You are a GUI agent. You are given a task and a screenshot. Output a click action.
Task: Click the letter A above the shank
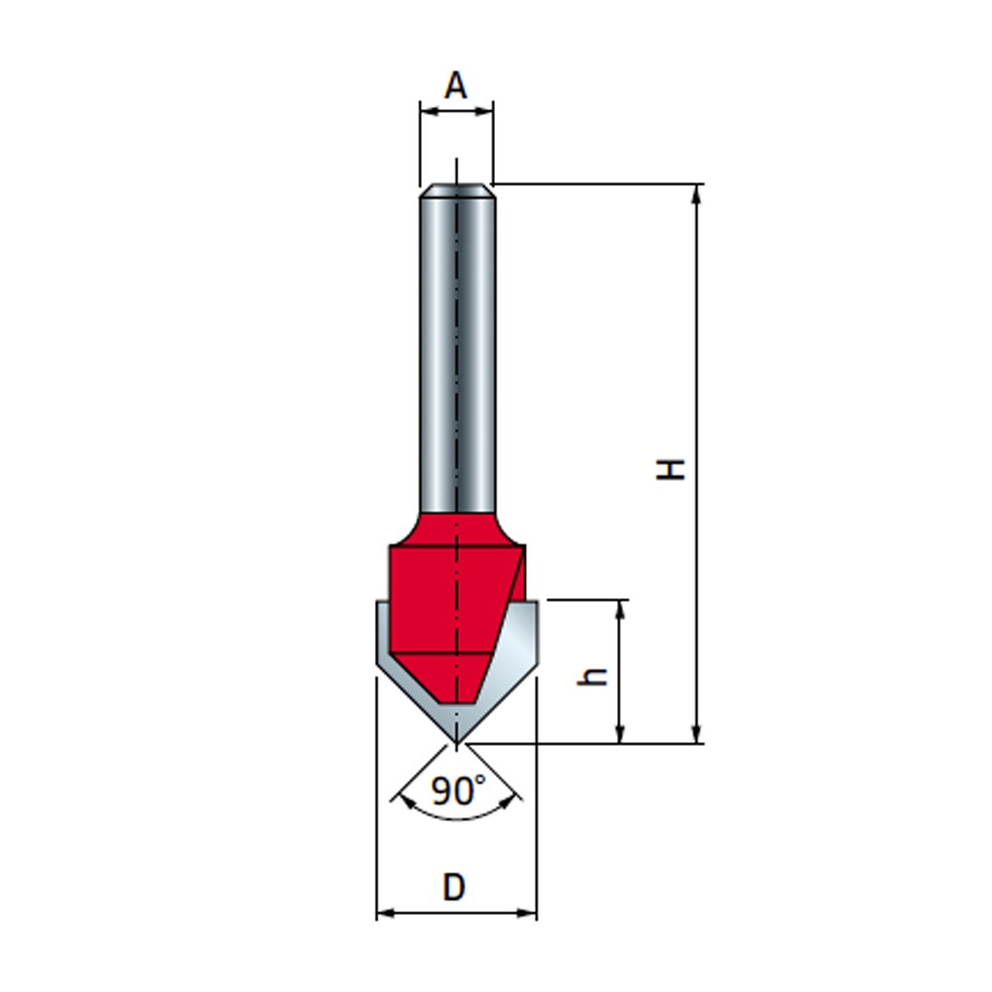455,86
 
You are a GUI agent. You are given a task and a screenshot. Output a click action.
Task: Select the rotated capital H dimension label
674,467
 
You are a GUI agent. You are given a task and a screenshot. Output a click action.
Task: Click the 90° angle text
458,791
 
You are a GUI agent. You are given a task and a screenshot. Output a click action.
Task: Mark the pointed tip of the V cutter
455,741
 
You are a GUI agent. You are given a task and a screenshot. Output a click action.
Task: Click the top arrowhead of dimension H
697,192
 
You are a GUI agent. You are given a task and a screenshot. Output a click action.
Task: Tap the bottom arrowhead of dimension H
697,734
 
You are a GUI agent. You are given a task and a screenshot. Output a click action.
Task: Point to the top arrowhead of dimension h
621,608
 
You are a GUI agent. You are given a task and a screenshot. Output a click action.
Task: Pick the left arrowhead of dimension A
428,111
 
